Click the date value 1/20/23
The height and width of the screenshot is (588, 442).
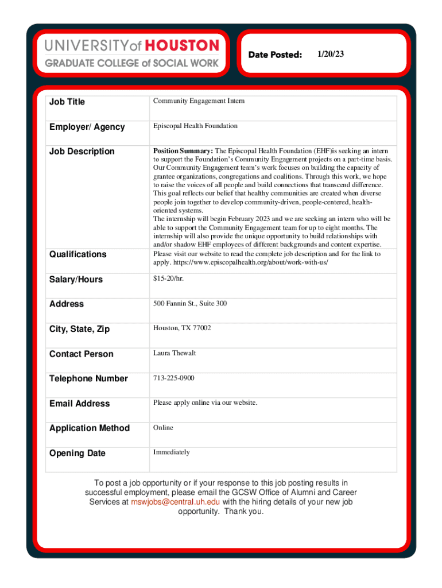click(x=330, y=54)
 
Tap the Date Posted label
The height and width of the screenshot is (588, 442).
click(x=275, y=55)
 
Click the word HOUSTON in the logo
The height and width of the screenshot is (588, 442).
click(x=182, y=45)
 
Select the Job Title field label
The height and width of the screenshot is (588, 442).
click(x=67, y=102)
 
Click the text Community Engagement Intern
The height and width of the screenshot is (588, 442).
click(x=199, y=101)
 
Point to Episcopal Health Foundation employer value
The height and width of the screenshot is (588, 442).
click(x=195, y=126)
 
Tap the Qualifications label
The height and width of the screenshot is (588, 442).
click(x=77, y=254)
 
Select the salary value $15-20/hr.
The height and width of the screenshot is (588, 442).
click(x=168, y=278)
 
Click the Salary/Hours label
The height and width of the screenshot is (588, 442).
click(x=76, y=280)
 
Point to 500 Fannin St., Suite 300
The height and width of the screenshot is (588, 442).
click(x=189, y=303)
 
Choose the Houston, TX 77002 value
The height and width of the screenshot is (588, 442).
click(x=182, y=328)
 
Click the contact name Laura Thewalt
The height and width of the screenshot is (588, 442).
click(x=175, y=353)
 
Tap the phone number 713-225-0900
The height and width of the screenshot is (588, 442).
click(x=173, y=378)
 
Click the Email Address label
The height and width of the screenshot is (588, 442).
click(x=79, y=404)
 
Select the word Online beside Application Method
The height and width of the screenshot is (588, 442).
click(x=163, y=428)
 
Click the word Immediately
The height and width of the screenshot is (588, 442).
click(x=171, y=452)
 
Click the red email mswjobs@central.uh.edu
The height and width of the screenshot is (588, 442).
click(x=176, y=502)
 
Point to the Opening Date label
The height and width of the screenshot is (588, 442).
click(x=77, y=453)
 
